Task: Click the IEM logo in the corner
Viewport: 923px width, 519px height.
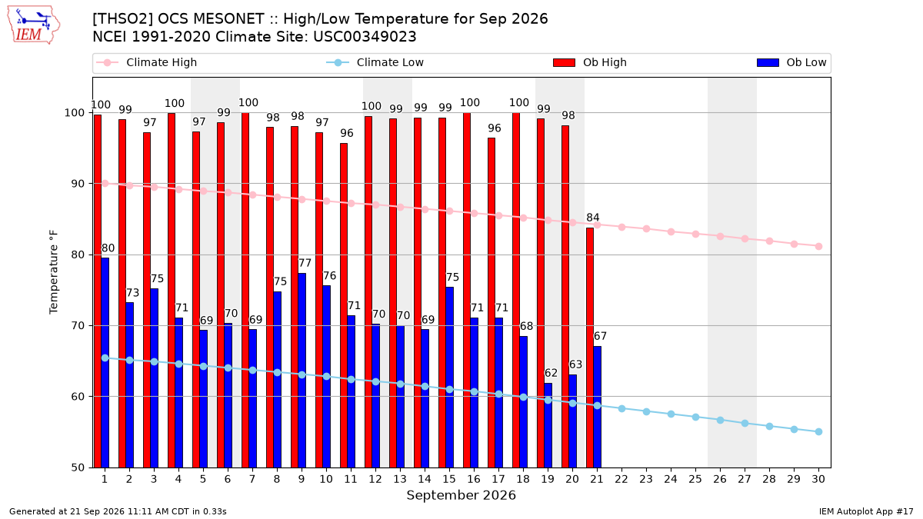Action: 34,25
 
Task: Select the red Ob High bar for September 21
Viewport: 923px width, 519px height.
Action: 590,348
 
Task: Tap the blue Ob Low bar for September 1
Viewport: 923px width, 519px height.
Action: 105,362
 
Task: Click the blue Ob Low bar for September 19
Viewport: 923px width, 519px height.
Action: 548,425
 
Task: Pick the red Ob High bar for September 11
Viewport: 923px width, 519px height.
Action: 344,305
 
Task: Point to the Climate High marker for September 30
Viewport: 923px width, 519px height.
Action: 818,246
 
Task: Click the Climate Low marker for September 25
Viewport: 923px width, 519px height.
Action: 695,418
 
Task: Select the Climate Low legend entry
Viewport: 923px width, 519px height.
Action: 375,62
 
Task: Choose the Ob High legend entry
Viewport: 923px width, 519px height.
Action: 590,62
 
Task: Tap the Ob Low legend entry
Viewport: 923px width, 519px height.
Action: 792,62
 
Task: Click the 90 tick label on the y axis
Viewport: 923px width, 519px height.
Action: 78,184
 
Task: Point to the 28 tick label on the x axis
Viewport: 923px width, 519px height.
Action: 769,479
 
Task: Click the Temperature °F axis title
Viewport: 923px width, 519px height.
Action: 54,272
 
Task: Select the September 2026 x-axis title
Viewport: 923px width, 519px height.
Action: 461,495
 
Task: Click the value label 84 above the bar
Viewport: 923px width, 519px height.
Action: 593,217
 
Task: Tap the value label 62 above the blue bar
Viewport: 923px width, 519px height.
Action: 551,373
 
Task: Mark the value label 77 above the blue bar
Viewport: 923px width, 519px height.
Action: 305,263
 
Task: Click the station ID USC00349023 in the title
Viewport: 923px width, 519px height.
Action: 365,37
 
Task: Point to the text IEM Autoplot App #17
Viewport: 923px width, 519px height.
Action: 866,511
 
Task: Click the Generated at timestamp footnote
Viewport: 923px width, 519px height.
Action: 118,511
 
